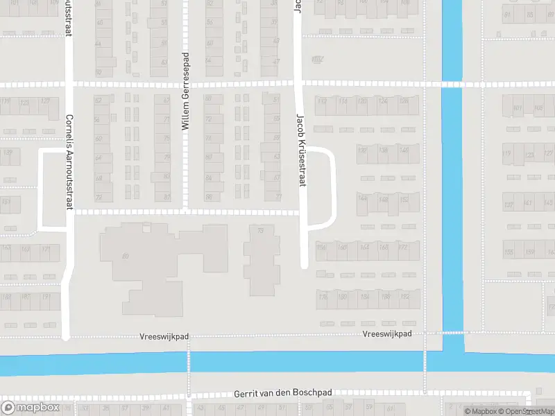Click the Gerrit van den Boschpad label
[x=282, y=392]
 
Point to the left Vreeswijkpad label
[x=164, y=336]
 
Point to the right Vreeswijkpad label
[x=387, y=333]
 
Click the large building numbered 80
[x=126, y=257]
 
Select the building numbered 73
[x=261, y=231]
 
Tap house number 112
[x=322, y=101]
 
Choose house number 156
[x=321, y=248]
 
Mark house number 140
[x=404, y=150]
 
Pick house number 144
[x=362, y=198]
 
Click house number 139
[x=8, y=153]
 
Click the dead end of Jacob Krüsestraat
[x=304, y=264]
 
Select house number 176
[x=322, y=297]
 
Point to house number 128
[x=404, y=101]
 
